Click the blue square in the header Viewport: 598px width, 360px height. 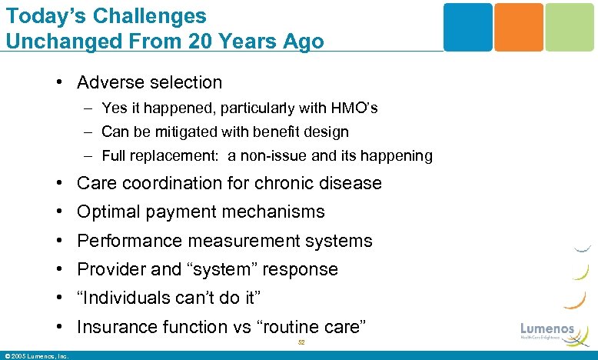(x=467, y=27)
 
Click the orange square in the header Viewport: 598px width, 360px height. (x=518, y=27)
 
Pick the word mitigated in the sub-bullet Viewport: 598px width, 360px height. (x=188, y=132)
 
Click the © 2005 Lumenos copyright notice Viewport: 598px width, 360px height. (x=36, y=355)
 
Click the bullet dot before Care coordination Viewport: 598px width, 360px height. (x=59, y=184)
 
